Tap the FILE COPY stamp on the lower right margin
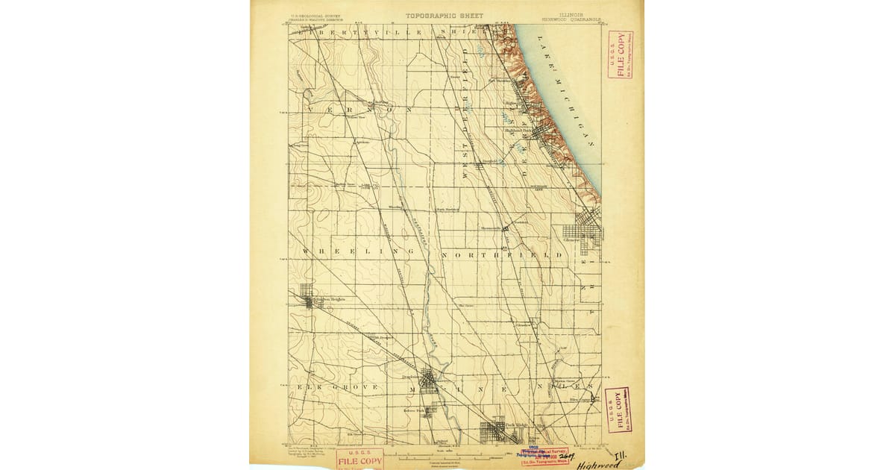click(618, 410)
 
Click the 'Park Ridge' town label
click(516, 425)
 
